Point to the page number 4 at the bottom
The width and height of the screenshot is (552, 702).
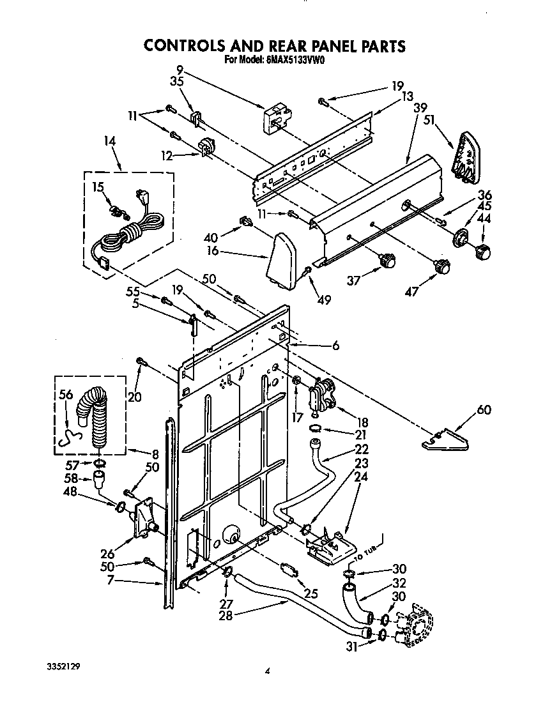269,671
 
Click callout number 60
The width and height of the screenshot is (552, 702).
484,410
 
